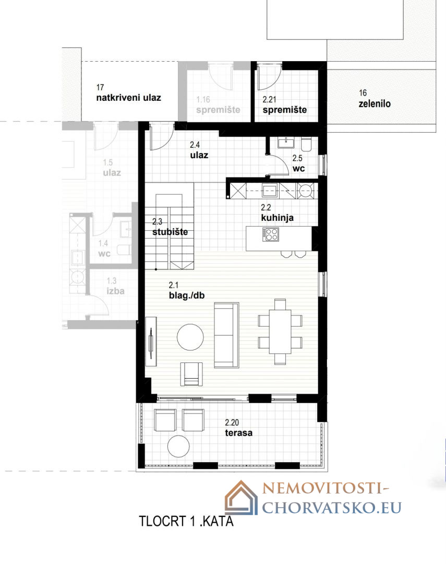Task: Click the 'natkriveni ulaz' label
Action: (x=128, y=98)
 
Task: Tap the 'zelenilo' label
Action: (x=375, y=103)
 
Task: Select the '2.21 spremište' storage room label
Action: (x=284, y=104)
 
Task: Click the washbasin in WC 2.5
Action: (x=286, y=143)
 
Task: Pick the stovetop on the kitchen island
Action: (x=270, y=234)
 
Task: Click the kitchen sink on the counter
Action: (x=270, y=190)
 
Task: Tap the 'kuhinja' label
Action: (x=277, y=218)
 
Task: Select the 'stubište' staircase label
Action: (x=170, y=232)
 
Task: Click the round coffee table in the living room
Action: (x=190, y=337)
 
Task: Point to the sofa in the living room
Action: (x=226, y=335)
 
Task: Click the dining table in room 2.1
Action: (x=280, y=332)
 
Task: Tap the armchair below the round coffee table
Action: (x=191, y=374)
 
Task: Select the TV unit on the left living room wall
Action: (x=151, y=341)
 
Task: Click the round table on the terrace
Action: (x=178, y=446)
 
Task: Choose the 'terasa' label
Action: (x=238, y=433)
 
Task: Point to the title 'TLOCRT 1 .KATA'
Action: (x=186, y=521)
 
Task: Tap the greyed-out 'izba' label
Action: (x=115, y=291)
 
